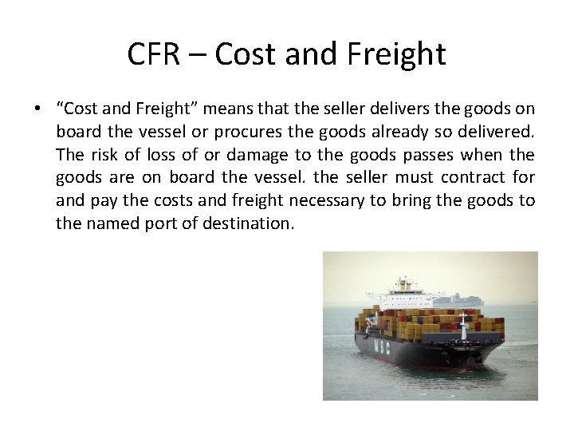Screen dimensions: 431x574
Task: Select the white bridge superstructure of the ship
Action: [x=404, y=295]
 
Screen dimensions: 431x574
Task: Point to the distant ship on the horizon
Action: [x=466, y=300]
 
